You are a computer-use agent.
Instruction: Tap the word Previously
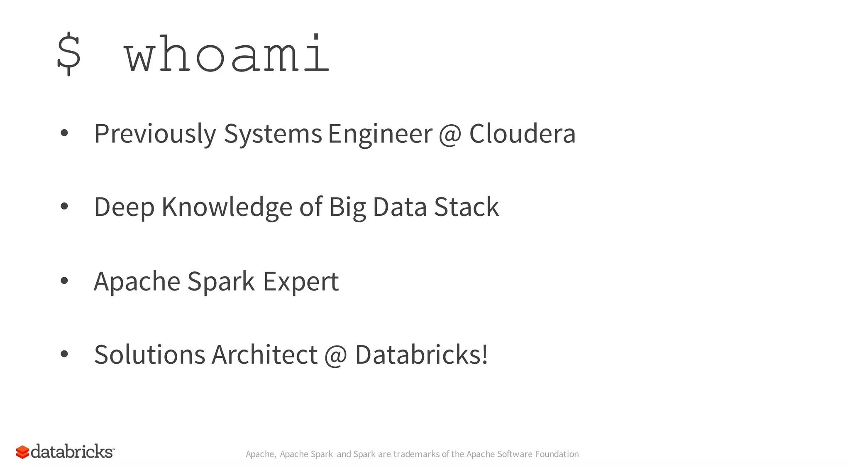pyautogui.click(x=155, y=134)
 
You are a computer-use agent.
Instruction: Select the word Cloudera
pyautogui.click(x=522, y=134)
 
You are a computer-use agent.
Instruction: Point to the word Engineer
pyautogui.click(x=380, y=134)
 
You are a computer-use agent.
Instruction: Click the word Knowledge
pyautogui.click(x=227, y=207)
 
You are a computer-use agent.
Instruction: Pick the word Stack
pyautogui.click(x=466, y=207)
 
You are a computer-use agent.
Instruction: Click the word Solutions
pyautogui.click(x=149, y=355)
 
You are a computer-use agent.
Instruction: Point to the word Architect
pyautogui.click(x=264, y=355)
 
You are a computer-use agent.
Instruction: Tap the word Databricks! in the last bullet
pyautogui.click(x=421, y=355)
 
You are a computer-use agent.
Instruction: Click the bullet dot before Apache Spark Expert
pyautogui.click(x=64, y=281)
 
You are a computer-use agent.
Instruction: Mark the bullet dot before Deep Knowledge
pyautogui.click(x=64, y=206)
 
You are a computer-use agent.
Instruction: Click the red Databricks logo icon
pyautogui.click(x=22, y=452)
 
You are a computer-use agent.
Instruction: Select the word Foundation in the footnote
pyautogui.click(x=557, y=454)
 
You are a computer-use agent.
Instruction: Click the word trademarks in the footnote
pyautogui.click(x=416, y=454)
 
